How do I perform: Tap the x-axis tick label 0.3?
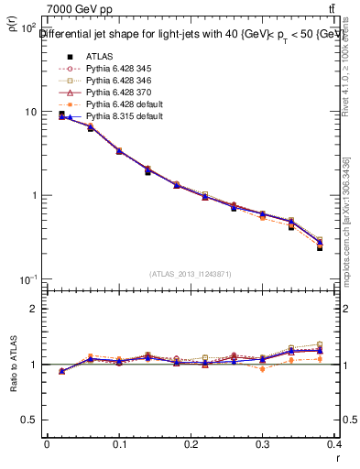pyautogui.click(x=264, y=442)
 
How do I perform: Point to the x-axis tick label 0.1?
pyautogui.click(x=119, y=442)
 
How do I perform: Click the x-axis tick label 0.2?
pyautogui.click(x=191, y=442)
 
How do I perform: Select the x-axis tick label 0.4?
pyautogui.click(x=335, y=442)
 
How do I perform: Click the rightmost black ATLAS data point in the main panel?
pyautogui.click(x=320, y=248)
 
